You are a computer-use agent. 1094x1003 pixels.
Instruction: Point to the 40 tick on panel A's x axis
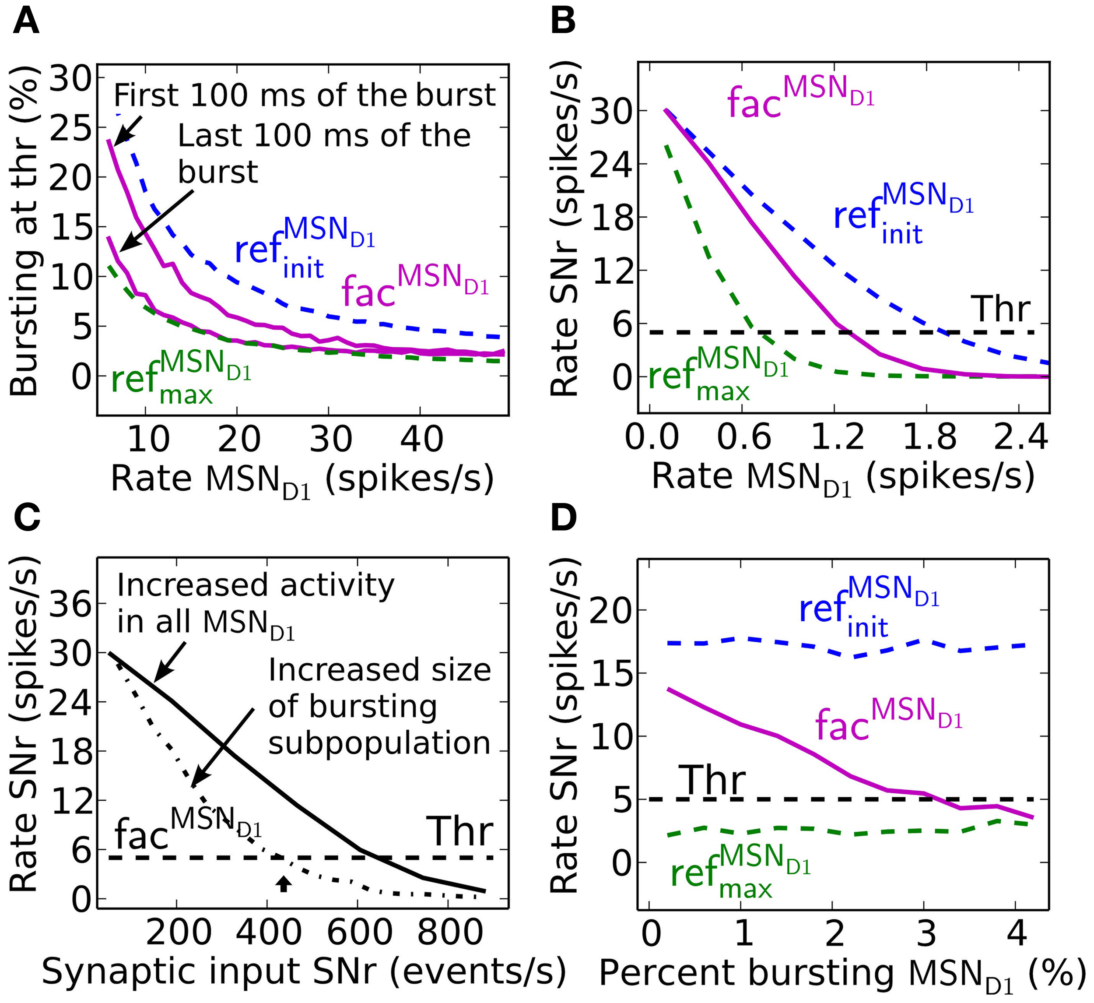pos(422,438)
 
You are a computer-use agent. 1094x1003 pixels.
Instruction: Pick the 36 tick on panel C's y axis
pos(70,603)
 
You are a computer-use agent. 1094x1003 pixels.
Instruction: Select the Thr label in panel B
pos(1002,309)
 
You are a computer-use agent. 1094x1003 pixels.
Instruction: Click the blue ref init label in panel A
pos(304,247)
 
